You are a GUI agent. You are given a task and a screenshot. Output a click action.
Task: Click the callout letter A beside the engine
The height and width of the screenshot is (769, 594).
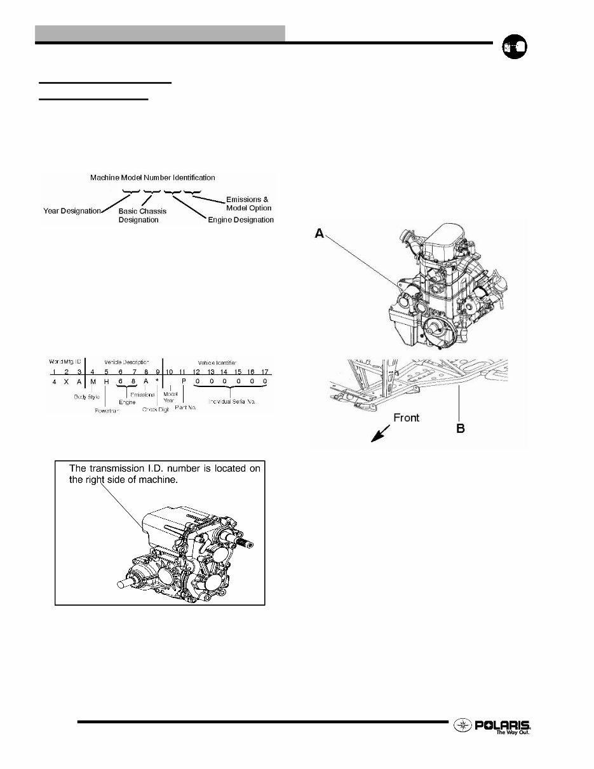pos(320,234)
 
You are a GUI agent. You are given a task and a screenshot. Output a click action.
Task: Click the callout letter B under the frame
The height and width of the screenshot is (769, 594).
pos(460,429)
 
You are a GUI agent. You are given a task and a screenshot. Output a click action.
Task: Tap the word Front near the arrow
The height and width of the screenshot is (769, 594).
pos(406,418)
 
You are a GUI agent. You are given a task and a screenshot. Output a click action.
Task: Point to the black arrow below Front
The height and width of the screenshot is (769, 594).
pos(381,435)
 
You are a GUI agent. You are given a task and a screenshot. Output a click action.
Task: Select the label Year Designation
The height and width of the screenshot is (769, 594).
pos(72,210)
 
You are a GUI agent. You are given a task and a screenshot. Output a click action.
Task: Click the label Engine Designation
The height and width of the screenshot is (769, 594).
pos(241,220)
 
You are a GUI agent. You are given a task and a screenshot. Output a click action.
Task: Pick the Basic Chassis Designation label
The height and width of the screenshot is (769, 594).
pos(142,215)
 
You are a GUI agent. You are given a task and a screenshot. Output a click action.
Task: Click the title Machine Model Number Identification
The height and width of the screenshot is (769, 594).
pos(152,177)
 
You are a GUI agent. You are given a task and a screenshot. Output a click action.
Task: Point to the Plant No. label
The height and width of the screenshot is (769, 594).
pos(185,407)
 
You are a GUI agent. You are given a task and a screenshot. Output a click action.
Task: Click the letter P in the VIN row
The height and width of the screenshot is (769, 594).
pos(183,381)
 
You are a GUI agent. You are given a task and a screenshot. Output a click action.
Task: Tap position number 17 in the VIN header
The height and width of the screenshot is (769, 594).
pos(264,371)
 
